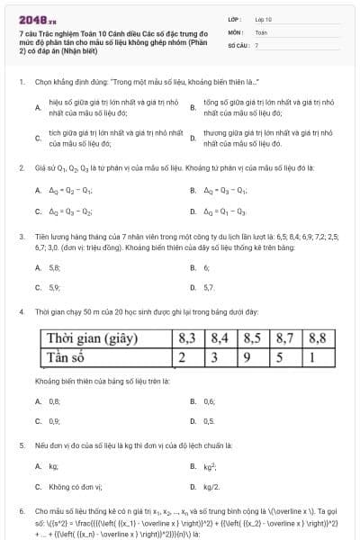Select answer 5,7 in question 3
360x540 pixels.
209,288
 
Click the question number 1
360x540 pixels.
21,82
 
